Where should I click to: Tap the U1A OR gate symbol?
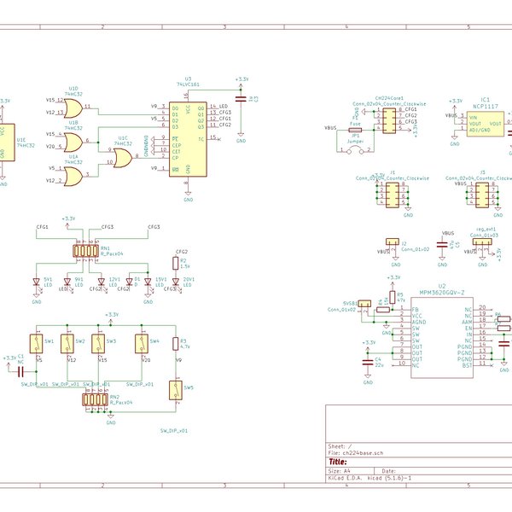point(73,175)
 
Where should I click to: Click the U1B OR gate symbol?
point(73,140)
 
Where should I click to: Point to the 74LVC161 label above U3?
point(189,85)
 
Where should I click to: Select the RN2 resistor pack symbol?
point(96,399)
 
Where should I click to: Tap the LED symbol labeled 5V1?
point(37,282)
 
